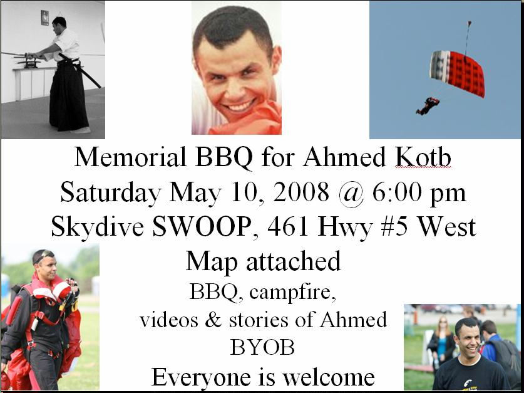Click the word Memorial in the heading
[x=130, y=157]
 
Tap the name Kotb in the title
[x=423, y=157]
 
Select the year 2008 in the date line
[x=301, y=192]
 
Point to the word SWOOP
[x=201, y=228]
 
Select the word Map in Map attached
[x=212, y=262]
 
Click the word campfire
[x=292, y=293]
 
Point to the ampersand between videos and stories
[x=213, y=320]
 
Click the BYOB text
[x=262, y=347]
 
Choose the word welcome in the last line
[x=329, y=377]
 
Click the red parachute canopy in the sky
[x=457, y=73]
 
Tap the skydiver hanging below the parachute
[x=428, y=106]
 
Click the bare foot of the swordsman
[x=81, y=130]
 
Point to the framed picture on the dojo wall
[x=45, y=18]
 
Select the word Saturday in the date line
[x=111, y=193]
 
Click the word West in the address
[x=447, y=228]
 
